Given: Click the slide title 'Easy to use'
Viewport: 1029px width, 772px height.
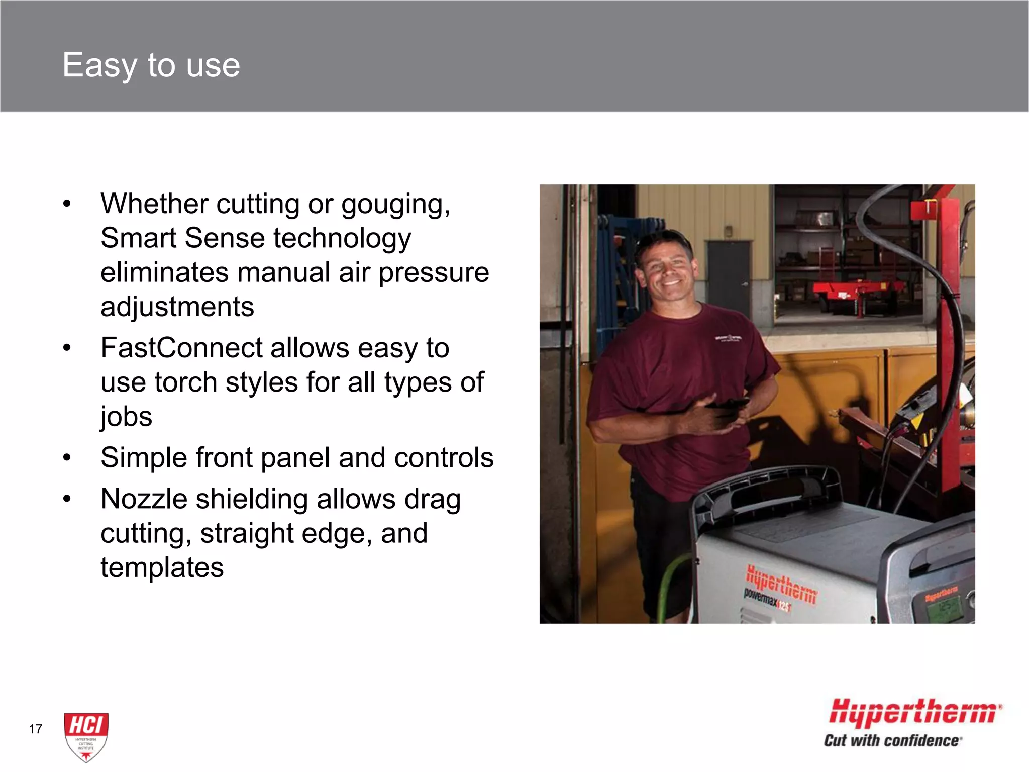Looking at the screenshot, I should (x=151, y=65).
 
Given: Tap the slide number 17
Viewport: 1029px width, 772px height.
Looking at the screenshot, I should (x=36, y=729).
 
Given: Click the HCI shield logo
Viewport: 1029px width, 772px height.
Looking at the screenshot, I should (x=86, y=736).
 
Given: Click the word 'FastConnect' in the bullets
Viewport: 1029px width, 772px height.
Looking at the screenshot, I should (x=181, y=348).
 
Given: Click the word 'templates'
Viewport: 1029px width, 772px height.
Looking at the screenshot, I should (x=162, y=567).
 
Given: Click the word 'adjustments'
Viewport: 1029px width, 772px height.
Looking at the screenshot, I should (x=177, y=307).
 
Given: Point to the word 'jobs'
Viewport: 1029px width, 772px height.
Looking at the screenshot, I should (x=126, y=417).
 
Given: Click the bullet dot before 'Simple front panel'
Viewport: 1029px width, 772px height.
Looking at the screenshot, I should (x=67, y=458).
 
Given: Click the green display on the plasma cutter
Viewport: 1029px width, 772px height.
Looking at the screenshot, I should (x=944, y=611).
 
